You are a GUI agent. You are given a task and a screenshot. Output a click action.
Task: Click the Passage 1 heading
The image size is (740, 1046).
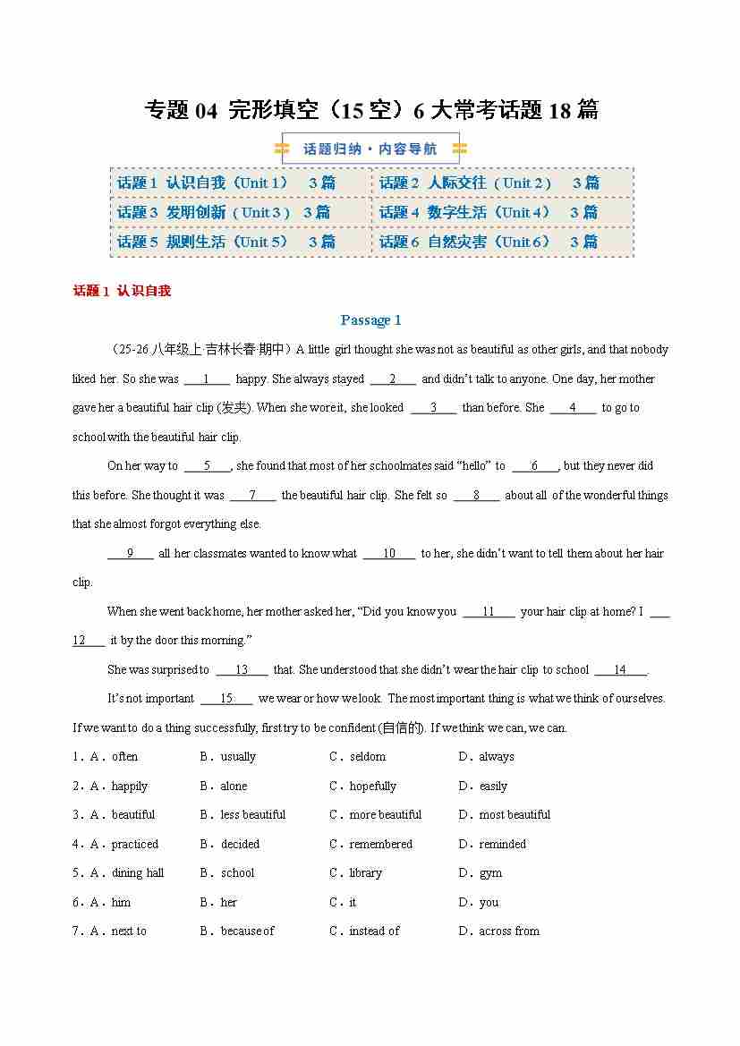pyautogui.click(x=370, y=320)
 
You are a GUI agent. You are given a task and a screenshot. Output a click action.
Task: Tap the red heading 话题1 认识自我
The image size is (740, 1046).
pyautogui.click(x=122, y=291)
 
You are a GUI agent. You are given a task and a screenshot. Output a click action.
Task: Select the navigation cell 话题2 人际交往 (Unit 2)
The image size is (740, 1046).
pyautogui.click(x=489, y=183)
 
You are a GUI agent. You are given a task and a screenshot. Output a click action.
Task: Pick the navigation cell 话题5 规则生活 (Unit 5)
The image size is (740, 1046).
pyautogui.click(x=226, y=242)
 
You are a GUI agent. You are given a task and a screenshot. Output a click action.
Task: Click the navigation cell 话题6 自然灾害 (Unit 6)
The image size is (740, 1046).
pyautogui.click(x=489, y=242)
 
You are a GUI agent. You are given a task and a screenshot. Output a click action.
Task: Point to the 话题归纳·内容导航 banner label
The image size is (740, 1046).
pyautogui.click(x=370, y=149)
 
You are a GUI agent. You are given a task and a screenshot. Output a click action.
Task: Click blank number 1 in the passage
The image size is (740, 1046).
pyautogui.click(x=207, y=378)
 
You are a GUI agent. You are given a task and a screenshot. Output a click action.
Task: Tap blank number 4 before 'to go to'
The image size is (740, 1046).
pyautogui.click(x=573, y=408)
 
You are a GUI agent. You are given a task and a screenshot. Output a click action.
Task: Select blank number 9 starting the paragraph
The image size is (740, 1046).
pyautogui.click(x=131, y=553)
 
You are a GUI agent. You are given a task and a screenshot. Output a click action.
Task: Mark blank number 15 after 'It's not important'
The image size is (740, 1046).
pyautogui.click(x=226, y=699)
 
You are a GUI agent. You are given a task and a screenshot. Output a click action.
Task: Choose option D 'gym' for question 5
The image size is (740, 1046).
pyautogui.click(x=490, y=873)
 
